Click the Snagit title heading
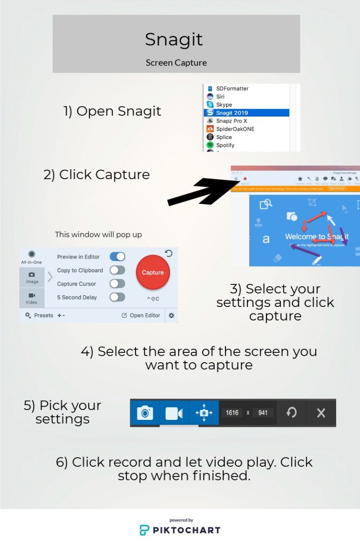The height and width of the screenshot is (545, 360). [174, 39]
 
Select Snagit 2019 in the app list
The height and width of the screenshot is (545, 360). [232, 112]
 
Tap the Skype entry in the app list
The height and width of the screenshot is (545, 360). [224, 105]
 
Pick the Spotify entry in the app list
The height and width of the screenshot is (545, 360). [225, 145]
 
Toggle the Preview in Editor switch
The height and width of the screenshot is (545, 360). [117, 257]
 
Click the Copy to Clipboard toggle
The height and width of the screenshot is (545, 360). [117, 270]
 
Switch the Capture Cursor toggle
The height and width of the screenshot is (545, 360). [117, 284]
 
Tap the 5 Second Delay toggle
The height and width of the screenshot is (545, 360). [117, 297]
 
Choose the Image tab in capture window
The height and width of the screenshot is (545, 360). [32, 277]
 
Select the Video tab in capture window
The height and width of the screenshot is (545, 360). [32, 298]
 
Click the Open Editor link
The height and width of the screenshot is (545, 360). [141, 315]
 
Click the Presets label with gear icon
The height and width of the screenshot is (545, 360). [39, 315]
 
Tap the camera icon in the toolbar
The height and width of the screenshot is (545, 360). [145, 413]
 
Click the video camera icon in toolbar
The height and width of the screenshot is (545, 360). [174, 413]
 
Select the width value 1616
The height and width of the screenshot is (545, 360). [232, 413]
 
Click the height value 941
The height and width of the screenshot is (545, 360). [263, 413]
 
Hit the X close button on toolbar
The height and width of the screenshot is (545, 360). [321, 413]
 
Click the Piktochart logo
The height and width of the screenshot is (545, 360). [180, 530]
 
